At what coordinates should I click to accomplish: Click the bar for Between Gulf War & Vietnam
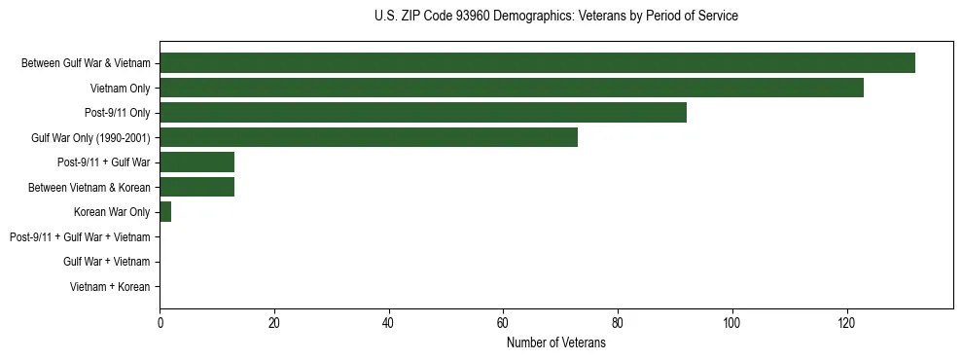[537, 63]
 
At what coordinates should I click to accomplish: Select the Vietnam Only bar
[512, 88]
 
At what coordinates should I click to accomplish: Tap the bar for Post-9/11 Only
[423, 113]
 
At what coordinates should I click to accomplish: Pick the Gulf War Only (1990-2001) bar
[369, 137]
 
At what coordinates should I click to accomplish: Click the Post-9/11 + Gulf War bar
[196, 162]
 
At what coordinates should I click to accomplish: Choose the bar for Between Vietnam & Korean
[196, 187]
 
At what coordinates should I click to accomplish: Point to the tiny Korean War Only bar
[165, 212]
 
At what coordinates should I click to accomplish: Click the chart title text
[555, 17]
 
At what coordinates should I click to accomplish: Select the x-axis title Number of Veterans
[555, 343]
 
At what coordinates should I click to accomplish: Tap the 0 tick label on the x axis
[160, 323]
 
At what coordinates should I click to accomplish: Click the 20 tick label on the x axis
[274, 323]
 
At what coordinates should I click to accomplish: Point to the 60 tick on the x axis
[503, 323]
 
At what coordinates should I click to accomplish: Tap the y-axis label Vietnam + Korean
[110, 287]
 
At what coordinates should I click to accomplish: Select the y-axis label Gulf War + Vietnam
[106, 262]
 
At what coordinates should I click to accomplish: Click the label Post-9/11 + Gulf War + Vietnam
[80, 237]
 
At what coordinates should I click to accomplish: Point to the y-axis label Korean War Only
[112, 212]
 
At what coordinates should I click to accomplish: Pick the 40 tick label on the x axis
[389, 323]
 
